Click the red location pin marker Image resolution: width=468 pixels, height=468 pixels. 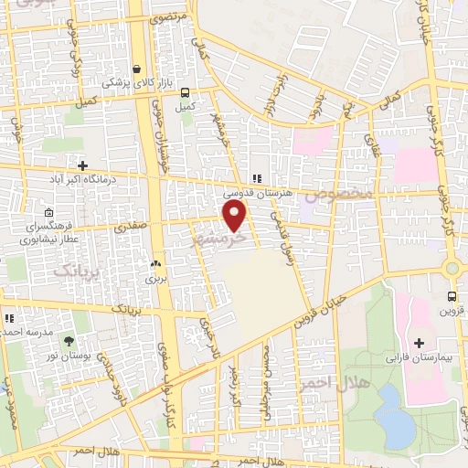235,217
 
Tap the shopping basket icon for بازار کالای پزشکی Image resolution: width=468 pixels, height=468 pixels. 137,69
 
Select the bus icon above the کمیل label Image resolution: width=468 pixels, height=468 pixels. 186,93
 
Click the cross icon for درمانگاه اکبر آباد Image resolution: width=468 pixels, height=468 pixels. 83,165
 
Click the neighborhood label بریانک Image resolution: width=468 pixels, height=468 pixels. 75,271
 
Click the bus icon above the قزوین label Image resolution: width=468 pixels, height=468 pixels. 452,296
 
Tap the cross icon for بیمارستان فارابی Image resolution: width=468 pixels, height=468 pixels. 419,344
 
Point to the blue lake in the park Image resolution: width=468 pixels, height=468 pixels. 393,416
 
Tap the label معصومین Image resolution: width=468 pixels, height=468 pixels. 339,195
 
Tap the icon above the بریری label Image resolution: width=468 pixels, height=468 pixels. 154,257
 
